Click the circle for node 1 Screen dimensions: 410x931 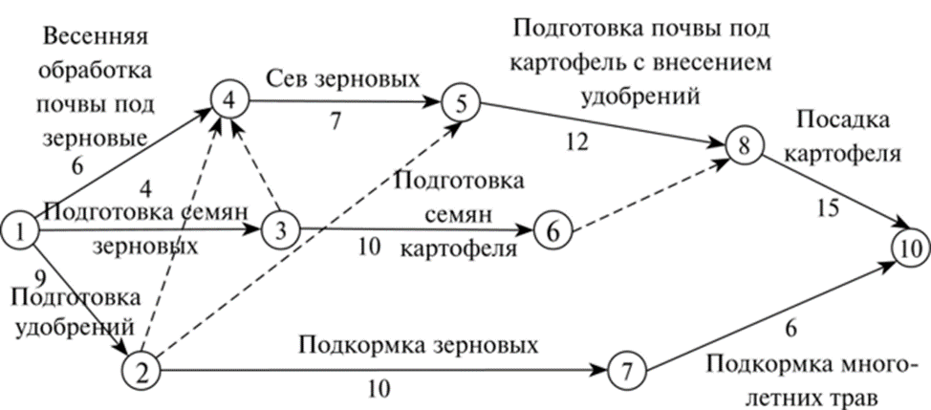tap(20, 229)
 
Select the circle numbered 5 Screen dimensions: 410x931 tap(461, 104)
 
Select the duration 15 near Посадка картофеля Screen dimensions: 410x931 tap(828, 206)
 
